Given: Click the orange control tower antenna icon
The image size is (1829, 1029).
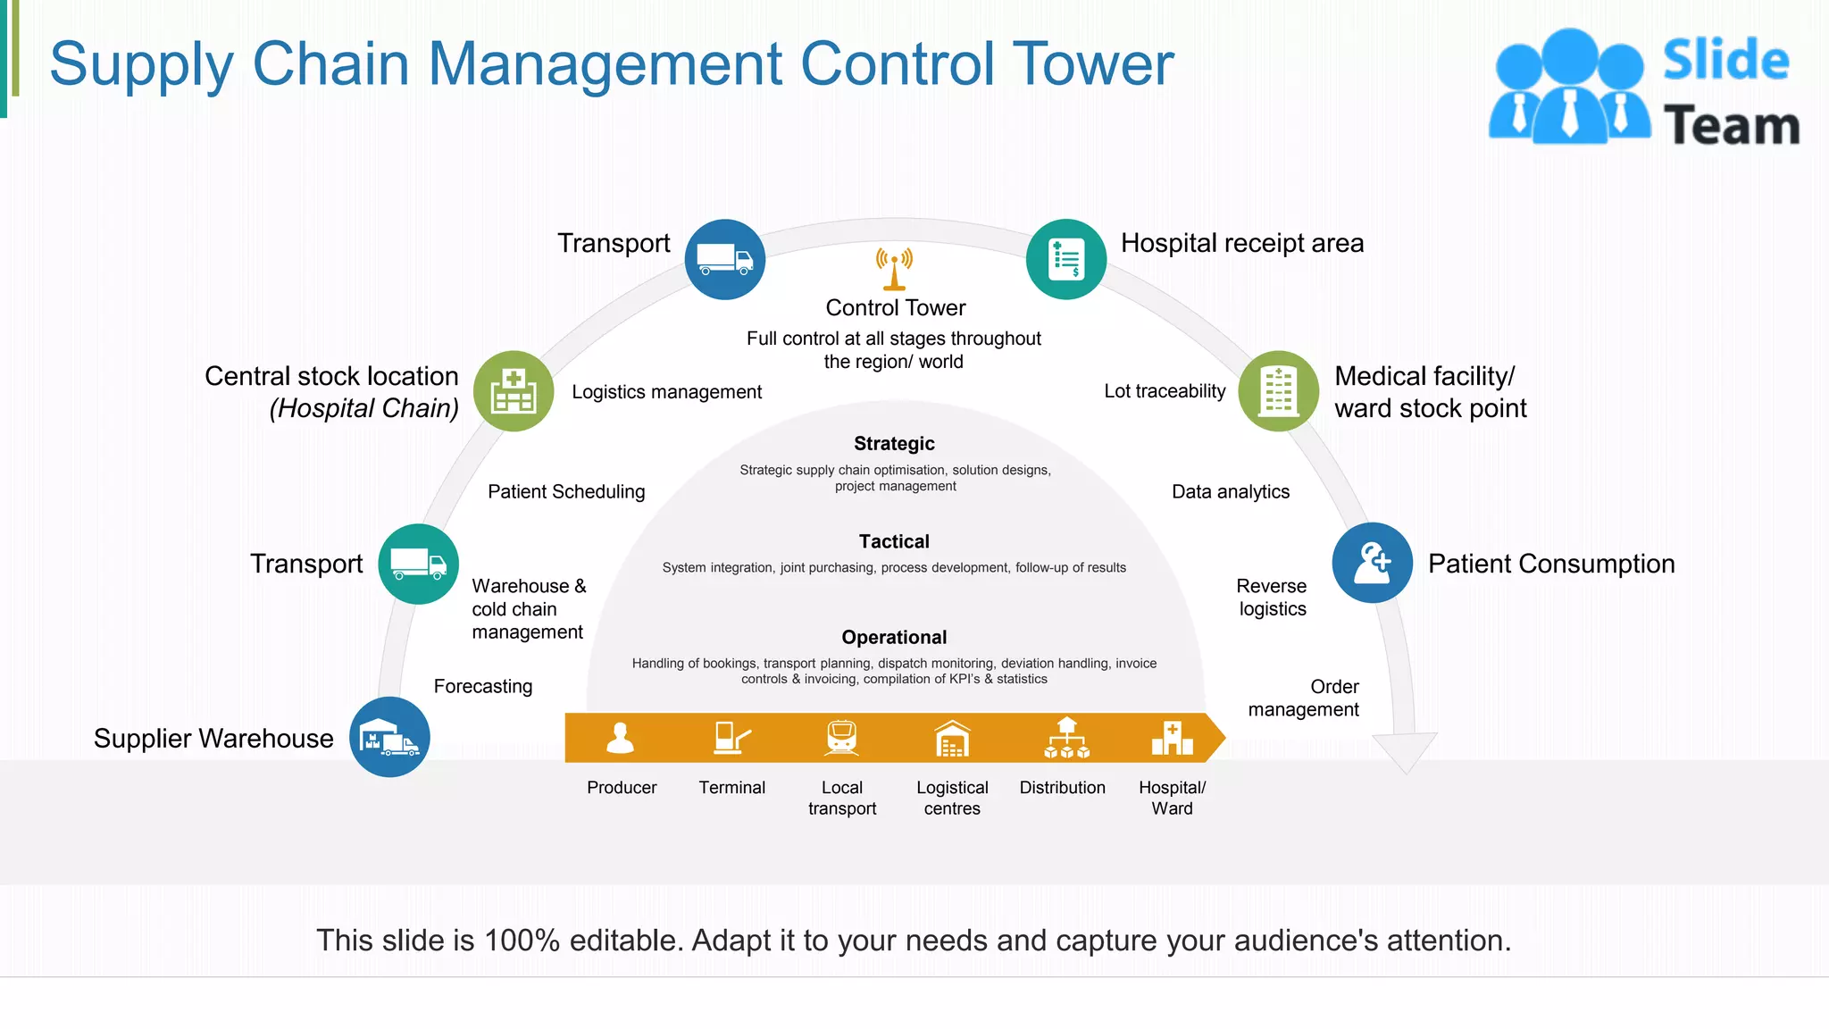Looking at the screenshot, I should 894,269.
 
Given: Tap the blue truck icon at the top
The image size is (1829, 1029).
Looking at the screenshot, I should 725,259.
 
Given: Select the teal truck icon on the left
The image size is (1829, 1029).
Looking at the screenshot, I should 418,564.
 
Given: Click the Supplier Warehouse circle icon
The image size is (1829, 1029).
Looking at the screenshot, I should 389,737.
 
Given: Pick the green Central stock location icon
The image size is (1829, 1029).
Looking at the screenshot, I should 514,391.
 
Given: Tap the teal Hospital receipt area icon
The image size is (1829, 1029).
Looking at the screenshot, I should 1066,259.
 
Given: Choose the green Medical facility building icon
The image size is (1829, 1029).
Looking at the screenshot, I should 1278,391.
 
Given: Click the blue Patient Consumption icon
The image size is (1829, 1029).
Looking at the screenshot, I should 1372,563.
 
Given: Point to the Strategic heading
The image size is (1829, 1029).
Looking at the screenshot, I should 894,444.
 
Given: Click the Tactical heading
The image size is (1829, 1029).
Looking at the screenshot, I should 894,541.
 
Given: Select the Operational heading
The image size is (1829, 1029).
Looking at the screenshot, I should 894,637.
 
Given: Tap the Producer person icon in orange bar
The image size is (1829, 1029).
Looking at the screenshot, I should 621,738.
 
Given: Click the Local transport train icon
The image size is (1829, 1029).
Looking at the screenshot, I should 841,738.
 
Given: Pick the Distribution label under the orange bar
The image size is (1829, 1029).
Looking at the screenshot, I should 1062,788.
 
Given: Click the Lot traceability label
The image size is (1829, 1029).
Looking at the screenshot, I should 1165,391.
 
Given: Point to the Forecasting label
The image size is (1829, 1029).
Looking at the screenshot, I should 483,686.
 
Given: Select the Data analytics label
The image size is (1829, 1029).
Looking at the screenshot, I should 1231,491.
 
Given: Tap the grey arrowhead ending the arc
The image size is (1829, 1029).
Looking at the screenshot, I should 1405,751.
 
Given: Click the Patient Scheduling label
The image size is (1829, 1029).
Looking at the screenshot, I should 566,491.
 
